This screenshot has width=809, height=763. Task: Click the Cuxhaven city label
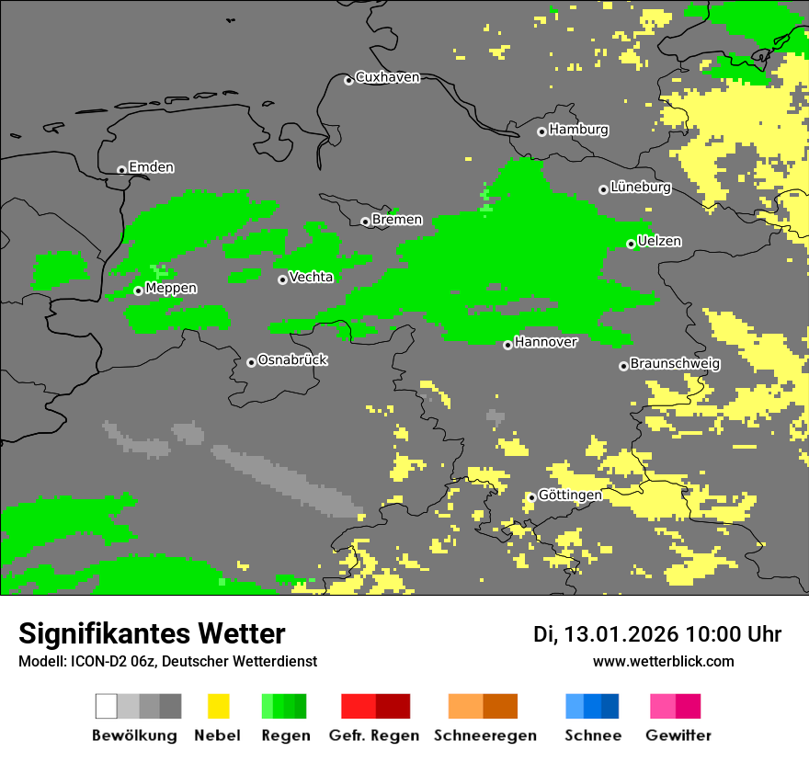(387, 78)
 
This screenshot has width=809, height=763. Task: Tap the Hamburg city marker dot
(541, 131)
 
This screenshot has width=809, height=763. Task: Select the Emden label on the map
(151, 167)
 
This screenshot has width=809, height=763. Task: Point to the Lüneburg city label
(641, 188)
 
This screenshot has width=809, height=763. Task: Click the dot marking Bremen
(365, 222)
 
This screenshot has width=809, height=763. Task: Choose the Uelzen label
(659, 242)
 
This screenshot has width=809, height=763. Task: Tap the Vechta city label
(311, 278)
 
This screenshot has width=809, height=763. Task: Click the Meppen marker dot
(138, 290)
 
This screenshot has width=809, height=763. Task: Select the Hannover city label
(546, 343)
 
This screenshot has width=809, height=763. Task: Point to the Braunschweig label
(675, 364)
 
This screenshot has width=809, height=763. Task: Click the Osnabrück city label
(292, 360)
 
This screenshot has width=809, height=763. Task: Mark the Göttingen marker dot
(531, 497)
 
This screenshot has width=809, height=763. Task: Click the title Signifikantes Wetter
(152, 634)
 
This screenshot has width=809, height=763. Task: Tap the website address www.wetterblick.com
(663, 662)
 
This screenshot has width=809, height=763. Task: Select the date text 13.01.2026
(621, 634)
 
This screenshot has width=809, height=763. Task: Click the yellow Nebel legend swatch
(218, 706)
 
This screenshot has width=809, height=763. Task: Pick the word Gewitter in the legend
(678, 735)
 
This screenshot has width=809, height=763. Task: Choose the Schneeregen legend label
(484, 735)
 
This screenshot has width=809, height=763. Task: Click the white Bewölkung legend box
(107, 706)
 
